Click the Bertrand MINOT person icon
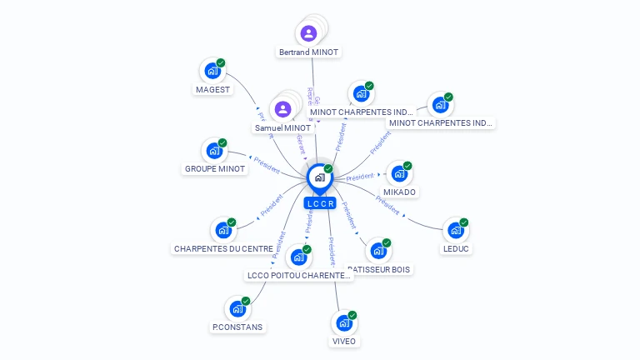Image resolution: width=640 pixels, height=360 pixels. (x=309, y=33)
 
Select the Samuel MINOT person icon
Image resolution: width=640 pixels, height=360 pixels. (x=282, y=109)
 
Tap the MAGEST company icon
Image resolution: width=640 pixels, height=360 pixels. (x=212, y=72)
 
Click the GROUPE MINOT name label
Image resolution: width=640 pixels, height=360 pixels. (x=215, y=168)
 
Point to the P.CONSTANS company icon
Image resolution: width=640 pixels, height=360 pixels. (x=237, y=309)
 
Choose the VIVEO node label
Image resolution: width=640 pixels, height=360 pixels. (x=343, y=341)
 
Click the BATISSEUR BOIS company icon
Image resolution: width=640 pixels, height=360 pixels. (x=377, y=251)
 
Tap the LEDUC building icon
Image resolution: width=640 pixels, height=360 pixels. (x=455, y=230)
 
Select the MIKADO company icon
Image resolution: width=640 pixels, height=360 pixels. (x=399, y=174)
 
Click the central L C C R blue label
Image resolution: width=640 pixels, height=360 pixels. (x=320, y=203)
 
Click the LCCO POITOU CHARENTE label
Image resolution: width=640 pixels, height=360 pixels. (x=298, y=275)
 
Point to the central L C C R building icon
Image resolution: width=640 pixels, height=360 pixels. (x=319, y=177)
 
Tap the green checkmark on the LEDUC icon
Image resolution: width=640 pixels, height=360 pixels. (x=464, y=222)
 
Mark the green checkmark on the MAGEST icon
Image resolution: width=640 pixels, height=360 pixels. (x=221, y=63)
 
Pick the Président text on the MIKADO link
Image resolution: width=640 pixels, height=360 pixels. (x=360, y=177)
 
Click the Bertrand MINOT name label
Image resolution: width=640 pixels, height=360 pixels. (x=309, y=52)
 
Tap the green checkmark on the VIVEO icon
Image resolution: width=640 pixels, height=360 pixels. (x=352, y=315)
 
